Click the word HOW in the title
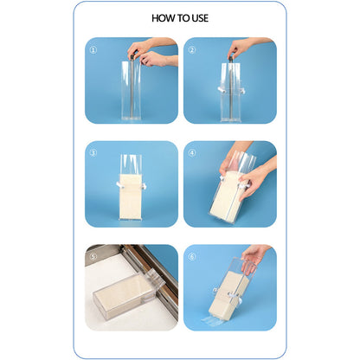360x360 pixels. coord(162,17)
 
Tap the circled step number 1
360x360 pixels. coord(93,50)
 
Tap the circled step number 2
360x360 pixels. coord(191,50)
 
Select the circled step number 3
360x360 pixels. coord(93,154)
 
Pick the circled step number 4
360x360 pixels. coord(191,154)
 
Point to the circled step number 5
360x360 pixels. coord(93,257)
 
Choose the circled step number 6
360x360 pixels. coord(191,257)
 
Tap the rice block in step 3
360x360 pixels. coord(132,197)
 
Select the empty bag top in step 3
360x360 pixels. coord(132,164)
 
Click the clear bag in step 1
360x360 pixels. coord(132,91)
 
